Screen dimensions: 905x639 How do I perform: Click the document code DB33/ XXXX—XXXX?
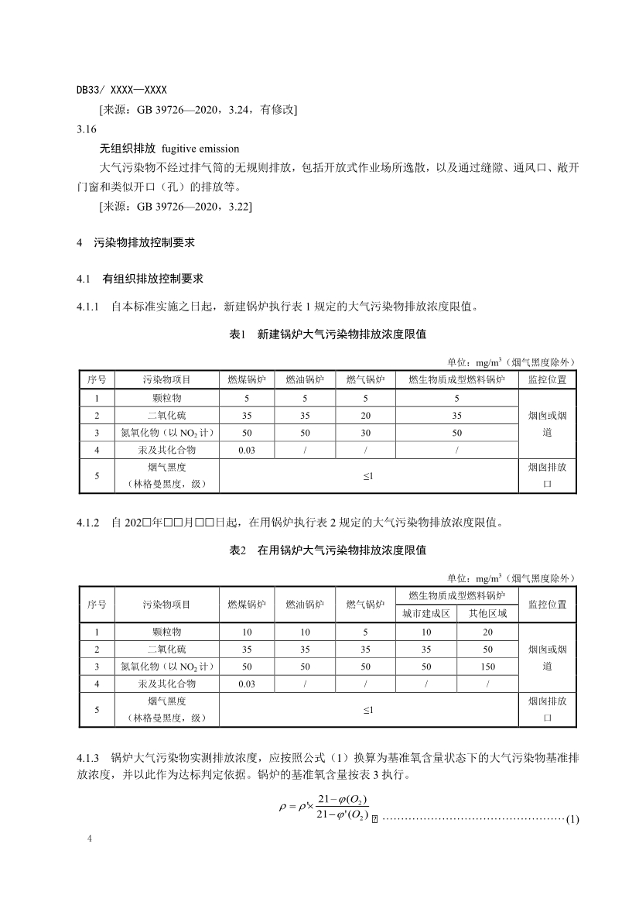[121, 91]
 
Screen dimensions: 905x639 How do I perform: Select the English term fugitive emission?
[200, 148]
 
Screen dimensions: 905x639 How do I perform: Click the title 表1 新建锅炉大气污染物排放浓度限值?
[328, 334]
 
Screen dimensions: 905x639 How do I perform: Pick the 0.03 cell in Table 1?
[247, 450]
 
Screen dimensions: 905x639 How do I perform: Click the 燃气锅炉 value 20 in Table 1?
[365, 416]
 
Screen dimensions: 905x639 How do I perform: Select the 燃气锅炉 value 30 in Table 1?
[365, 433]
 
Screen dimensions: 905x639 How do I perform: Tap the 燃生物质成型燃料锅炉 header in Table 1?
[456, 380]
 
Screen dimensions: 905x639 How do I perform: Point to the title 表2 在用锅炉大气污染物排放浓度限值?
[328, 550]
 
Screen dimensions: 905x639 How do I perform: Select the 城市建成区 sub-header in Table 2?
[425, 613]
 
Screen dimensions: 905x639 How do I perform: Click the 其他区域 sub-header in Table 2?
[487, 613]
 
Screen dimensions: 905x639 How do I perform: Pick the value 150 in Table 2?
[487, 666]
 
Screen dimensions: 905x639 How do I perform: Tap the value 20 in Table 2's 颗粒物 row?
[487, 632]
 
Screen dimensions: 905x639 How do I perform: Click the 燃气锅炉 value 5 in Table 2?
[365, 632]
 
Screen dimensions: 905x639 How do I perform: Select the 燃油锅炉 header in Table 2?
[305, 605]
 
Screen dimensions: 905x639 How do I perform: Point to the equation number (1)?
[572, 819]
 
